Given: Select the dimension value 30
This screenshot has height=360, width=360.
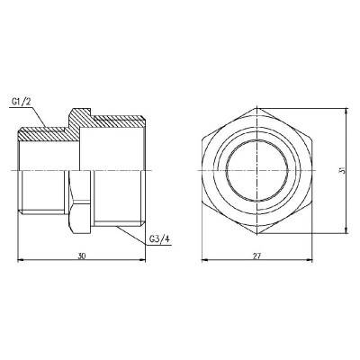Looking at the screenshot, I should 82,256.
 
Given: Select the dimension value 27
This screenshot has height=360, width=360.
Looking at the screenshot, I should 257,256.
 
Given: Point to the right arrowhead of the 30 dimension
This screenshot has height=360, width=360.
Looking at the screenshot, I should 144,262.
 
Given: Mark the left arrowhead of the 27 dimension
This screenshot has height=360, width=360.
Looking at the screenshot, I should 202,262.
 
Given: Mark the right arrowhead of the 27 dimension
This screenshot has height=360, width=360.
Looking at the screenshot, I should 311,262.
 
